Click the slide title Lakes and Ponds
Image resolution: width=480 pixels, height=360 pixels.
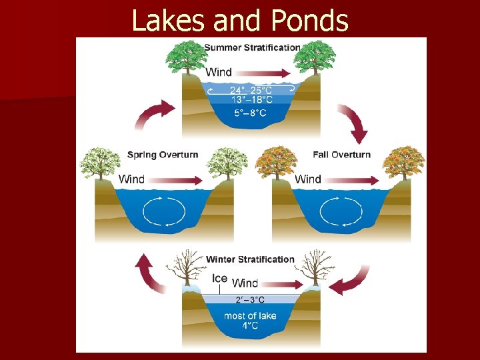point(240,21)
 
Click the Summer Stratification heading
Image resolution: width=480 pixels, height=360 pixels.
point(252,47)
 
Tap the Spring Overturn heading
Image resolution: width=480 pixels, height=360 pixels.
point(163,155)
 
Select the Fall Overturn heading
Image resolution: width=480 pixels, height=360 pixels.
point(341,155)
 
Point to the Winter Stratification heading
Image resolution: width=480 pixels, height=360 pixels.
point(250,259)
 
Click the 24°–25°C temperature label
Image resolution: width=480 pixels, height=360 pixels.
point(251,90)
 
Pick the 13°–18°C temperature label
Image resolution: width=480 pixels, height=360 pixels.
point(251,100)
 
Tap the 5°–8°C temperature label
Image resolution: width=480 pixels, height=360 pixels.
point(251,113)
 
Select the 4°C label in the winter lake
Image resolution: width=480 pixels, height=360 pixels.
point(251,326)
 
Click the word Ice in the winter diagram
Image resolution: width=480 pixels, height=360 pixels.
point(219,279)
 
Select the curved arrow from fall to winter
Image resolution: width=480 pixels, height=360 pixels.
point(351,281)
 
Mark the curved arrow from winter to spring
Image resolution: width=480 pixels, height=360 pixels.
point(151,273)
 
